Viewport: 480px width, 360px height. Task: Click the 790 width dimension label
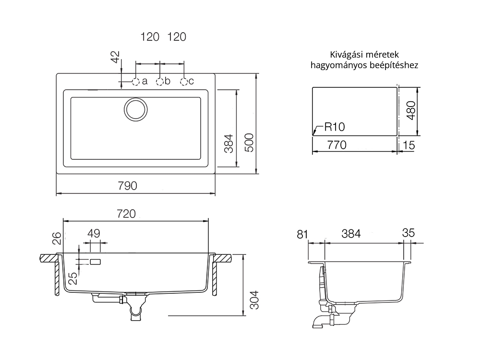[x=128, y=186]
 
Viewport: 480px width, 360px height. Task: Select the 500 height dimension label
[x=249, y=143]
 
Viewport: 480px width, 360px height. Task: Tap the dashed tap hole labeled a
[x=136, y=81]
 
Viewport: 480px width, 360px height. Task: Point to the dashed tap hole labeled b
[x=160, y=81]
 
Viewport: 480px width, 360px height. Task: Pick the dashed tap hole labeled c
[x=184, y=81]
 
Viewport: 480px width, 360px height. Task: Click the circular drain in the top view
[x=135, y=109]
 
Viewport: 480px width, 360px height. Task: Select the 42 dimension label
[x=115, y=58]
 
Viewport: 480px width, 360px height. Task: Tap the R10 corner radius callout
[x=335, y=127]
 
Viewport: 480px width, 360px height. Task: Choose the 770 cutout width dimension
[x=336, y=144]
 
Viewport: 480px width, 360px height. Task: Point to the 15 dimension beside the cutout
[x=408, y=144]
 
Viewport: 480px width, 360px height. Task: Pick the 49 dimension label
[x=94, y=234]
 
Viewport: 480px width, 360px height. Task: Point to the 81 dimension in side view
[x=302, y=234]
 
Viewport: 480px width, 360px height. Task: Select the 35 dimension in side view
[x=408, y=233]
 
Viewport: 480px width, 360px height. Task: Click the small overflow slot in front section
[x=95, y=262]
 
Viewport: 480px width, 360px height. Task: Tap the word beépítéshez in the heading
[x=390, y=65]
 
